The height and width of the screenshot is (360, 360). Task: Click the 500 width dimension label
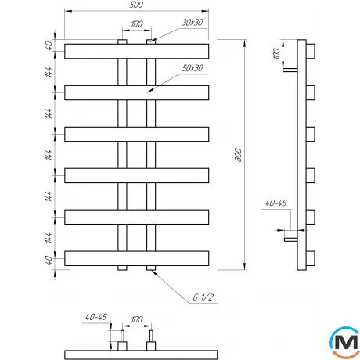(x=136, y=5)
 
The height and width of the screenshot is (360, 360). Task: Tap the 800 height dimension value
(x=238, y=155)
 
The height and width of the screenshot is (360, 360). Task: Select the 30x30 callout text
(x=193, y=23)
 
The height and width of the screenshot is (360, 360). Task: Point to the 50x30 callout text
(x=193, y=68)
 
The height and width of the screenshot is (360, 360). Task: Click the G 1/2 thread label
(x=203, y=297)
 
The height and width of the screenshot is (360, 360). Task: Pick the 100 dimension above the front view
(x=137, y=24)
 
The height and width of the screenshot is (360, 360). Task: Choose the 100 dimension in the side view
(x=276, y=53)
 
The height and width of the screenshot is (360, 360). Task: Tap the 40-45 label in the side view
(x=276, y=203)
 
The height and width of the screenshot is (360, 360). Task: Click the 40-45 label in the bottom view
(x=96, y=317)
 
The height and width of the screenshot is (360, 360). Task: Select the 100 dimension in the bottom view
(x=137, y=319)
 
